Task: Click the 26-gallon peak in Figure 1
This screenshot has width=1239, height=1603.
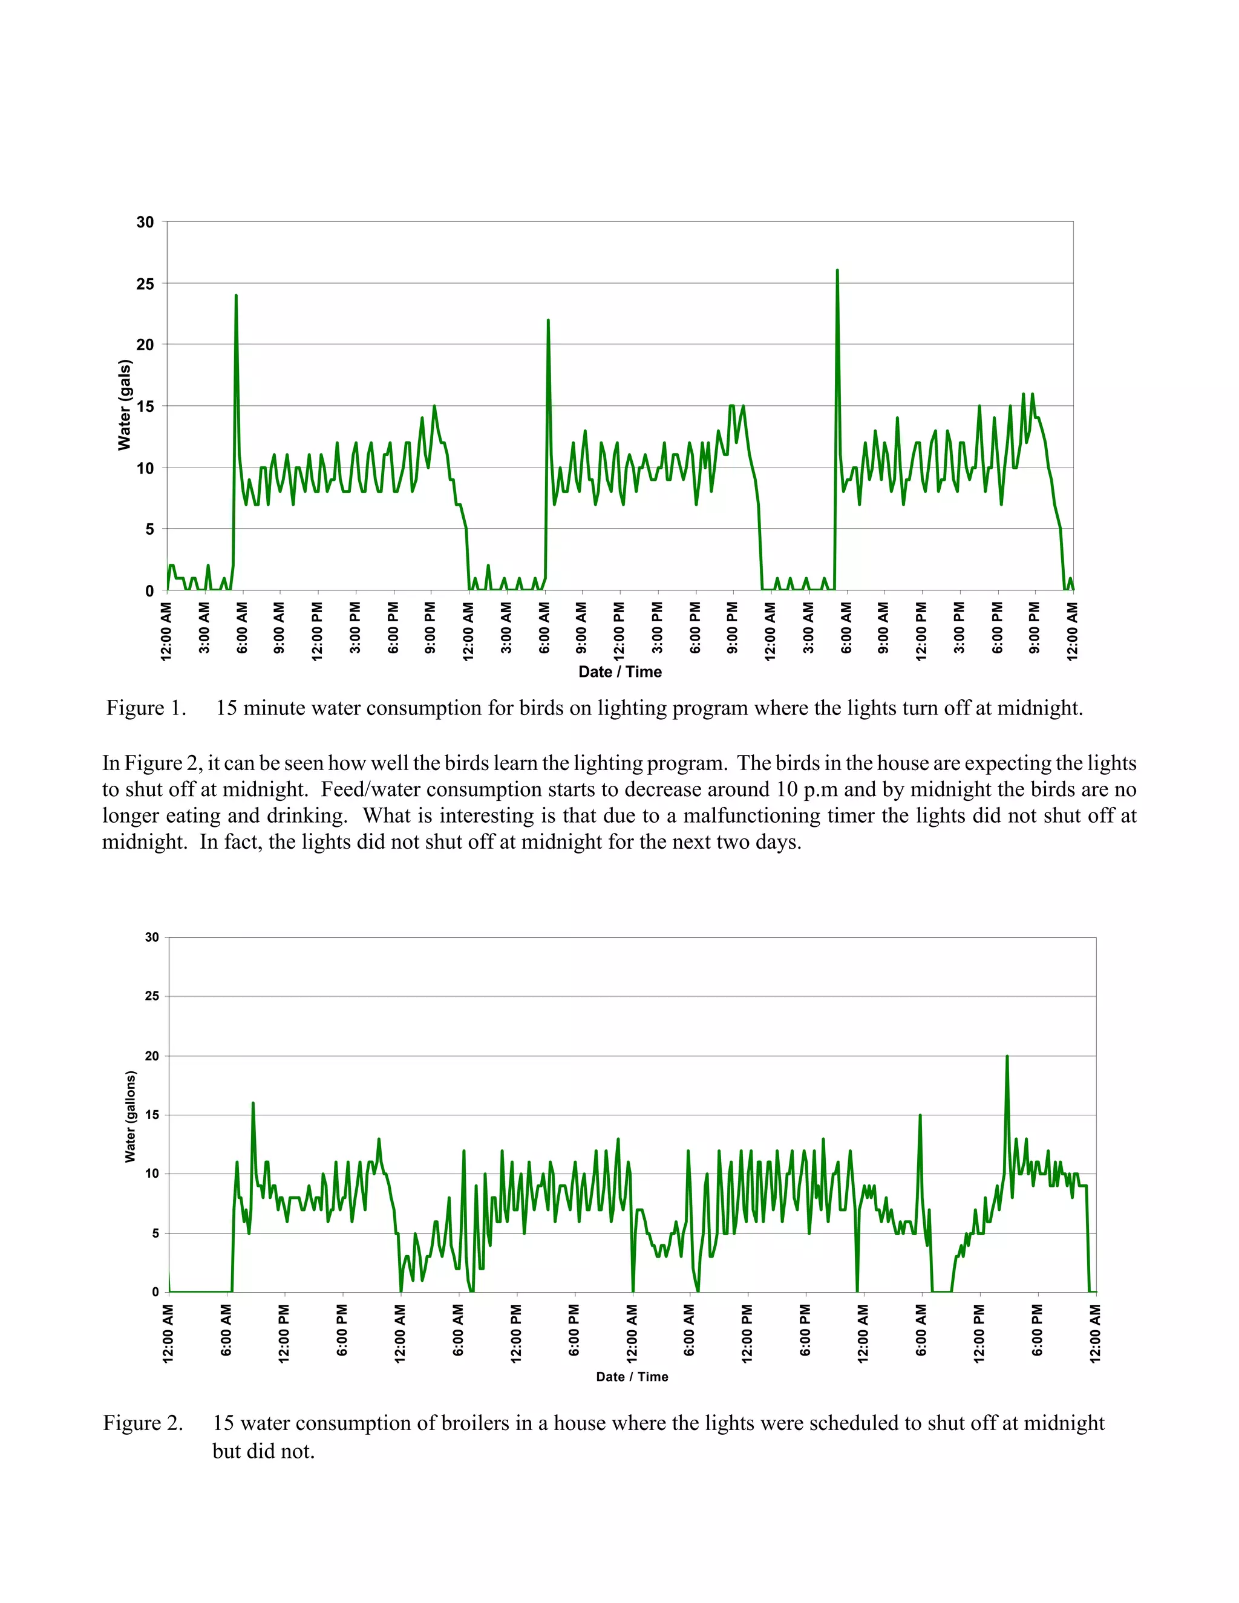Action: coord(837,272)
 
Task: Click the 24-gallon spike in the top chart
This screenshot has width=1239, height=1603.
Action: coord(235,296)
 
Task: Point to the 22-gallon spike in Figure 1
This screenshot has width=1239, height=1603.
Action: coord(548,321)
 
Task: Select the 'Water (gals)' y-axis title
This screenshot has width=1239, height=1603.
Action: coord(125,405)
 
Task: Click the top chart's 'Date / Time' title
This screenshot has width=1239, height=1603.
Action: coord(619,671)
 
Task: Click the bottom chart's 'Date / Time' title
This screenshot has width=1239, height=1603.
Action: coord(632,1377)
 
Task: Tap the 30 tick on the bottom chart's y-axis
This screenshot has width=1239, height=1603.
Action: coord(152,937)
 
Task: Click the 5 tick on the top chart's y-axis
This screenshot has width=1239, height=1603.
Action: coord(150,529)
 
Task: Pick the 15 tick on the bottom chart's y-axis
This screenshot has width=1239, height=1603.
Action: coord(152,1115)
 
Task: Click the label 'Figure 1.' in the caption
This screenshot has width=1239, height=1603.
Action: coord(146,708)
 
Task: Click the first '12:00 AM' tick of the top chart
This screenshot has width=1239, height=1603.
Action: coord(166,631)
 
